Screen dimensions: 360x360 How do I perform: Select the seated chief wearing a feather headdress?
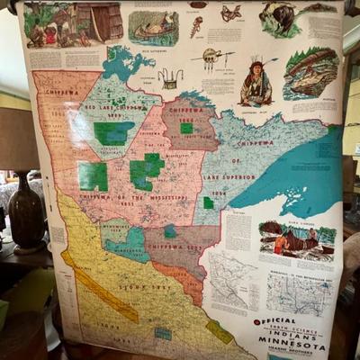tap(256, 84)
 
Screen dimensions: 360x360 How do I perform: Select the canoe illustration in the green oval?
tap(152, 27)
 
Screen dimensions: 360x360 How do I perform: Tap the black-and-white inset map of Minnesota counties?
tap(298, 292)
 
